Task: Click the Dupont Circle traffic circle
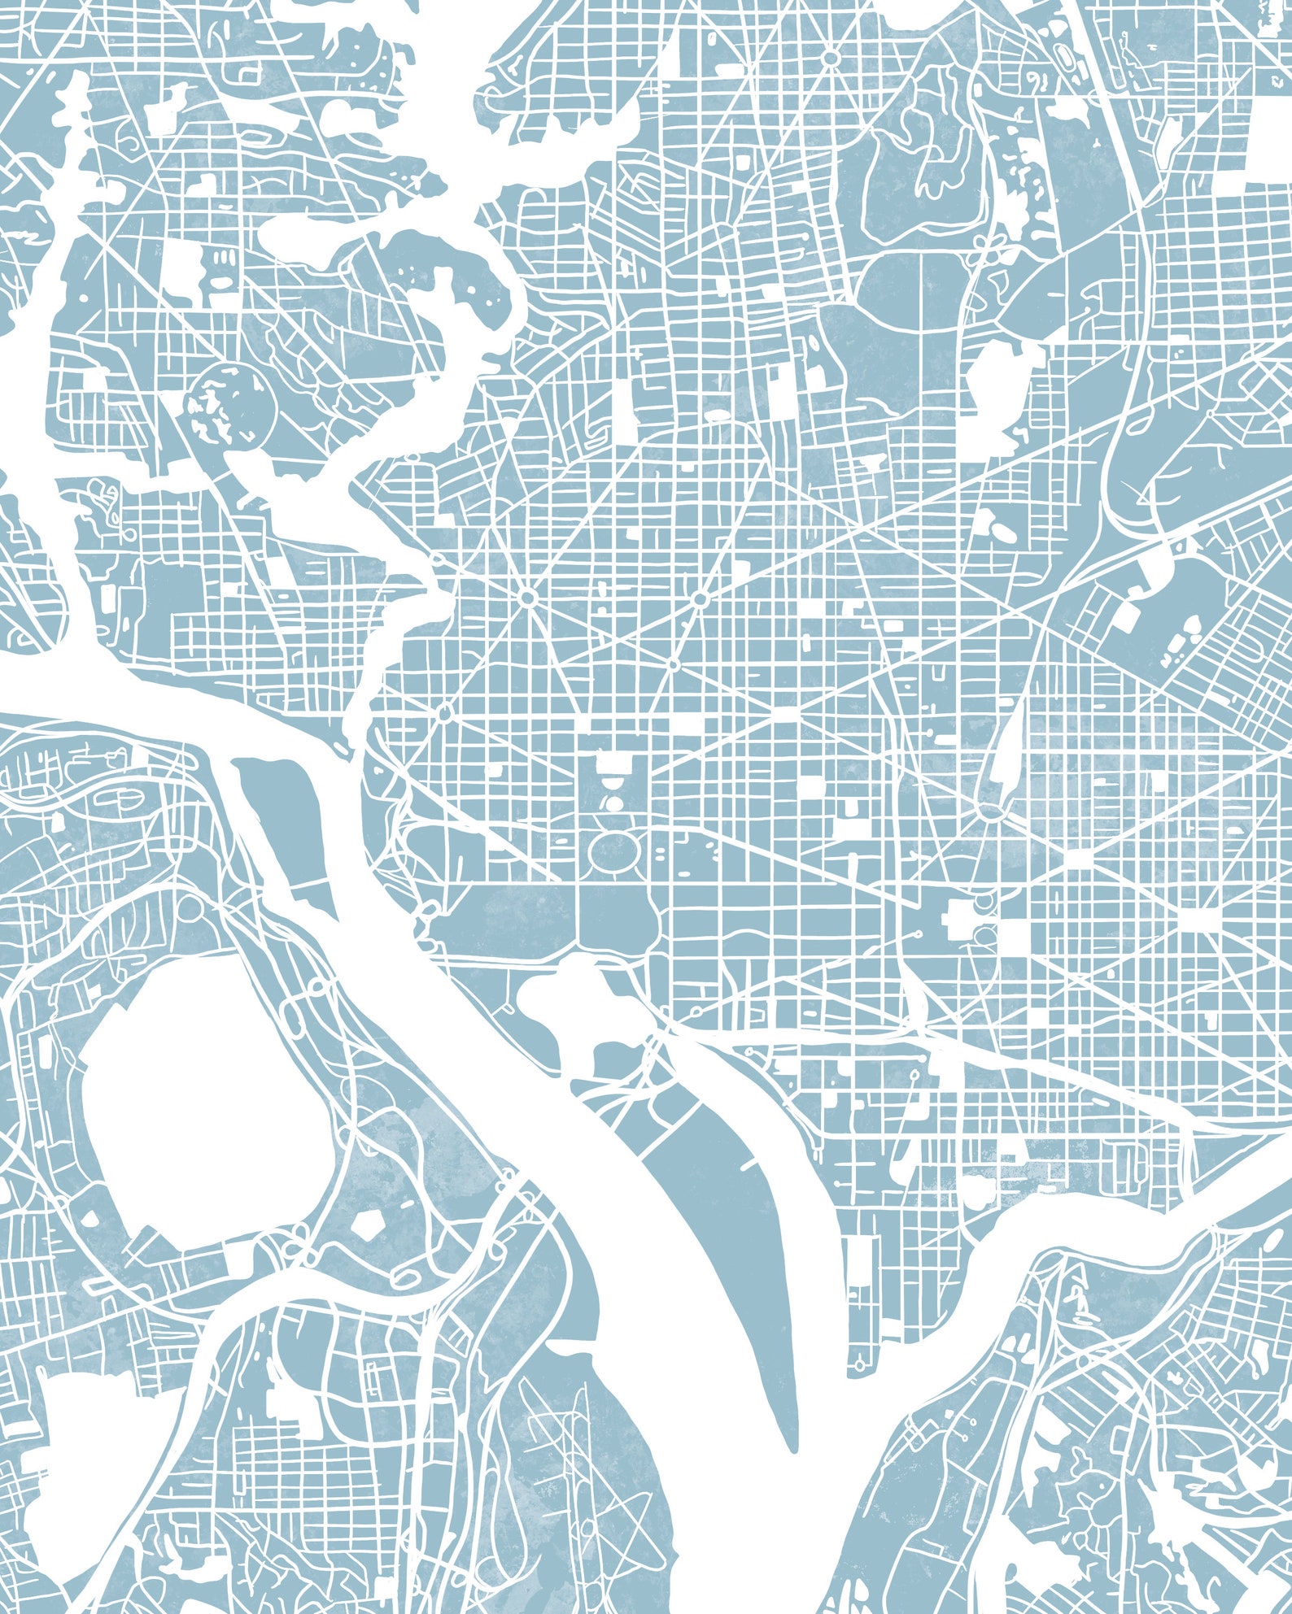[x=527, y=598]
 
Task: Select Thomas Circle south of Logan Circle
[x=673, y=665]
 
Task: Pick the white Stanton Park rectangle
[x=1079, y=859]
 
